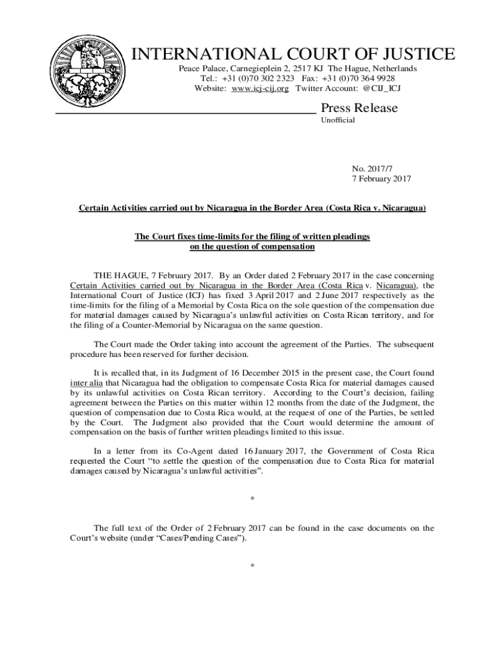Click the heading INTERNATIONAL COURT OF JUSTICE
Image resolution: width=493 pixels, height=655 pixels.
coord(293,54)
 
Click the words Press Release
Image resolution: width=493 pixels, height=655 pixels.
coord(359,108)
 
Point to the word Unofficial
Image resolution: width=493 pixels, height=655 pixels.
coord(337,120)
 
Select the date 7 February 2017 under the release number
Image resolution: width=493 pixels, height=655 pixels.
coord(382,178)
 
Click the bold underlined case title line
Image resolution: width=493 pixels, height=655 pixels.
coord(252,209)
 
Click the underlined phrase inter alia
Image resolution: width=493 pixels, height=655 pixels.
coord(86,383)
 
